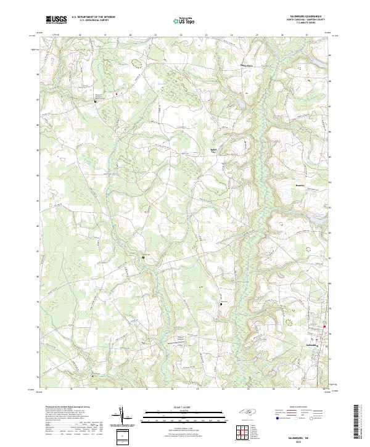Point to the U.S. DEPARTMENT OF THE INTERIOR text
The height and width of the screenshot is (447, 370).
click(93, 17)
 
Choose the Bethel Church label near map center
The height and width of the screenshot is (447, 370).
click(214, 150)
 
